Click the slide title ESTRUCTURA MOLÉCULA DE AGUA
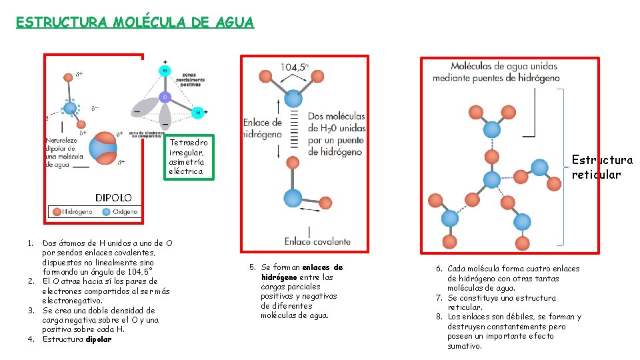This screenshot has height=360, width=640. tap(135, 22)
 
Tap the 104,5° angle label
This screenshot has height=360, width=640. tap(294, 67)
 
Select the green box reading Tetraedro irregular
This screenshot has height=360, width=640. tap(189, 157)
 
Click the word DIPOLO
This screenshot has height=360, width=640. tap(113, 198)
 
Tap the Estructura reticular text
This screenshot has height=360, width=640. tap(602, 167)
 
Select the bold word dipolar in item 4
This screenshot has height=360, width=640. tap(99, 339)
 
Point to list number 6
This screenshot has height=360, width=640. tap(439, 269)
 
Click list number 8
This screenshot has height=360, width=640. tap(439, 317)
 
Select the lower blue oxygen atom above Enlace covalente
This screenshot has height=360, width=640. tap(293, 198)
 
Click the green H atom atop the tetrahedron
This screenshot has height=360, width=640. tap(165, 70)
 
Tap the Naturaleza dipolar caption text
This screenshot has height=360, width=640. tap(65, 153)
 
